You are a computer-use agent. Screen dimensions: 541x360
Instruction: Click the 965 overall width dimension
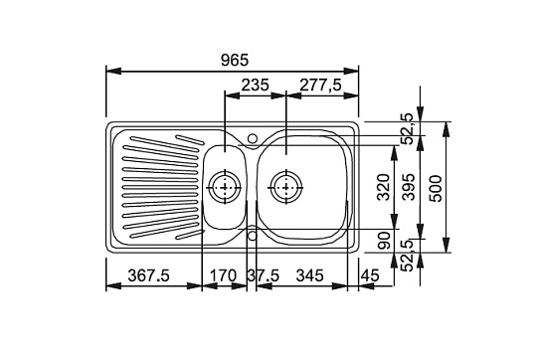click(235, 61)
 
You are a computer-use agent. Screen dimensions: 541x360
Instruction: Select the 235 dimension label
click(255, 85)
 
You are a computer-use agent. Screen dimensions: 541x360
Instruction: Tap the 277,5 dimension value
click(321, 86)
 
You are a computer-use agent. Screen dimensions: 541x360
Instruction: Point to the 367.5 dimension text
click(149, 275)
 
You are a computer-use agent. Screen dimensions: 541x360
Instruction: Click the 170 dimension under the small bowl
click(224, 275)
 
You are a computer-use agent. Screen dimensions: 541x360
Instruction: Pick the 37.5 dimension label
click(264, 275)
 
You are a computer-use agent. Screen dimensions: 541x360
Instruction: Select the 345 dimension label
click(310, 275)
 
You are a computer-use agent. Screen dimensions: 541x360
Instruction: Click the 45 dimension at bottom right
click(370, 275)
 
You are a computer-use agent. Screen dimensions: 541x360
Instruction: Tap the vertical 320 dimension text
click(384, 187)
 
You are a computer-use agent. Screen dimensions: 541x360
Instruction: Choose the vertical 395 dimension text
click(410, 187)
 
